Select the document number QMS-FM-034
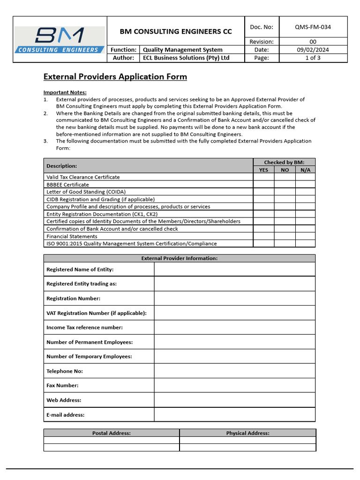313,27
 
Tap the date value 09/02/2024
313,50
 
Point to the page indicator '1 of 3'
313,58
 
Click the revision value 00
313,42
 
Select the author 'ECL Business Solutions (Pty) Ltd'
186,58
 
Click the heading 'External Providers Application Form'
115,77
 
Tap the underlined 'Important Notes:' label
65,92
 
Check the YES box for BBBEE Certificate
263,185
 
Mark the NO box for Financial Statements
285,236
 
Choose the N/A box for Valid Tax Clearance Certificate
305,177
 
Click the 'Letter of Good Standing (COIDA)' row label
86,192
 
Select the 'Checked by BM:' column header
284,162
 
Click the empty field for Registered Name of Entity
234,269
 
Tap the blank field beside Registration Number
234,299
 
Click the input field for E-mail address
234,415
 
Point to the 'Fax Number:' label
62,385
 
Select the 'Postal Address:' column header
112,433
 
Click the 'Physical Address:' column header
247,433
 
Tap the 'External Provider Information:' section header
180,258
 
